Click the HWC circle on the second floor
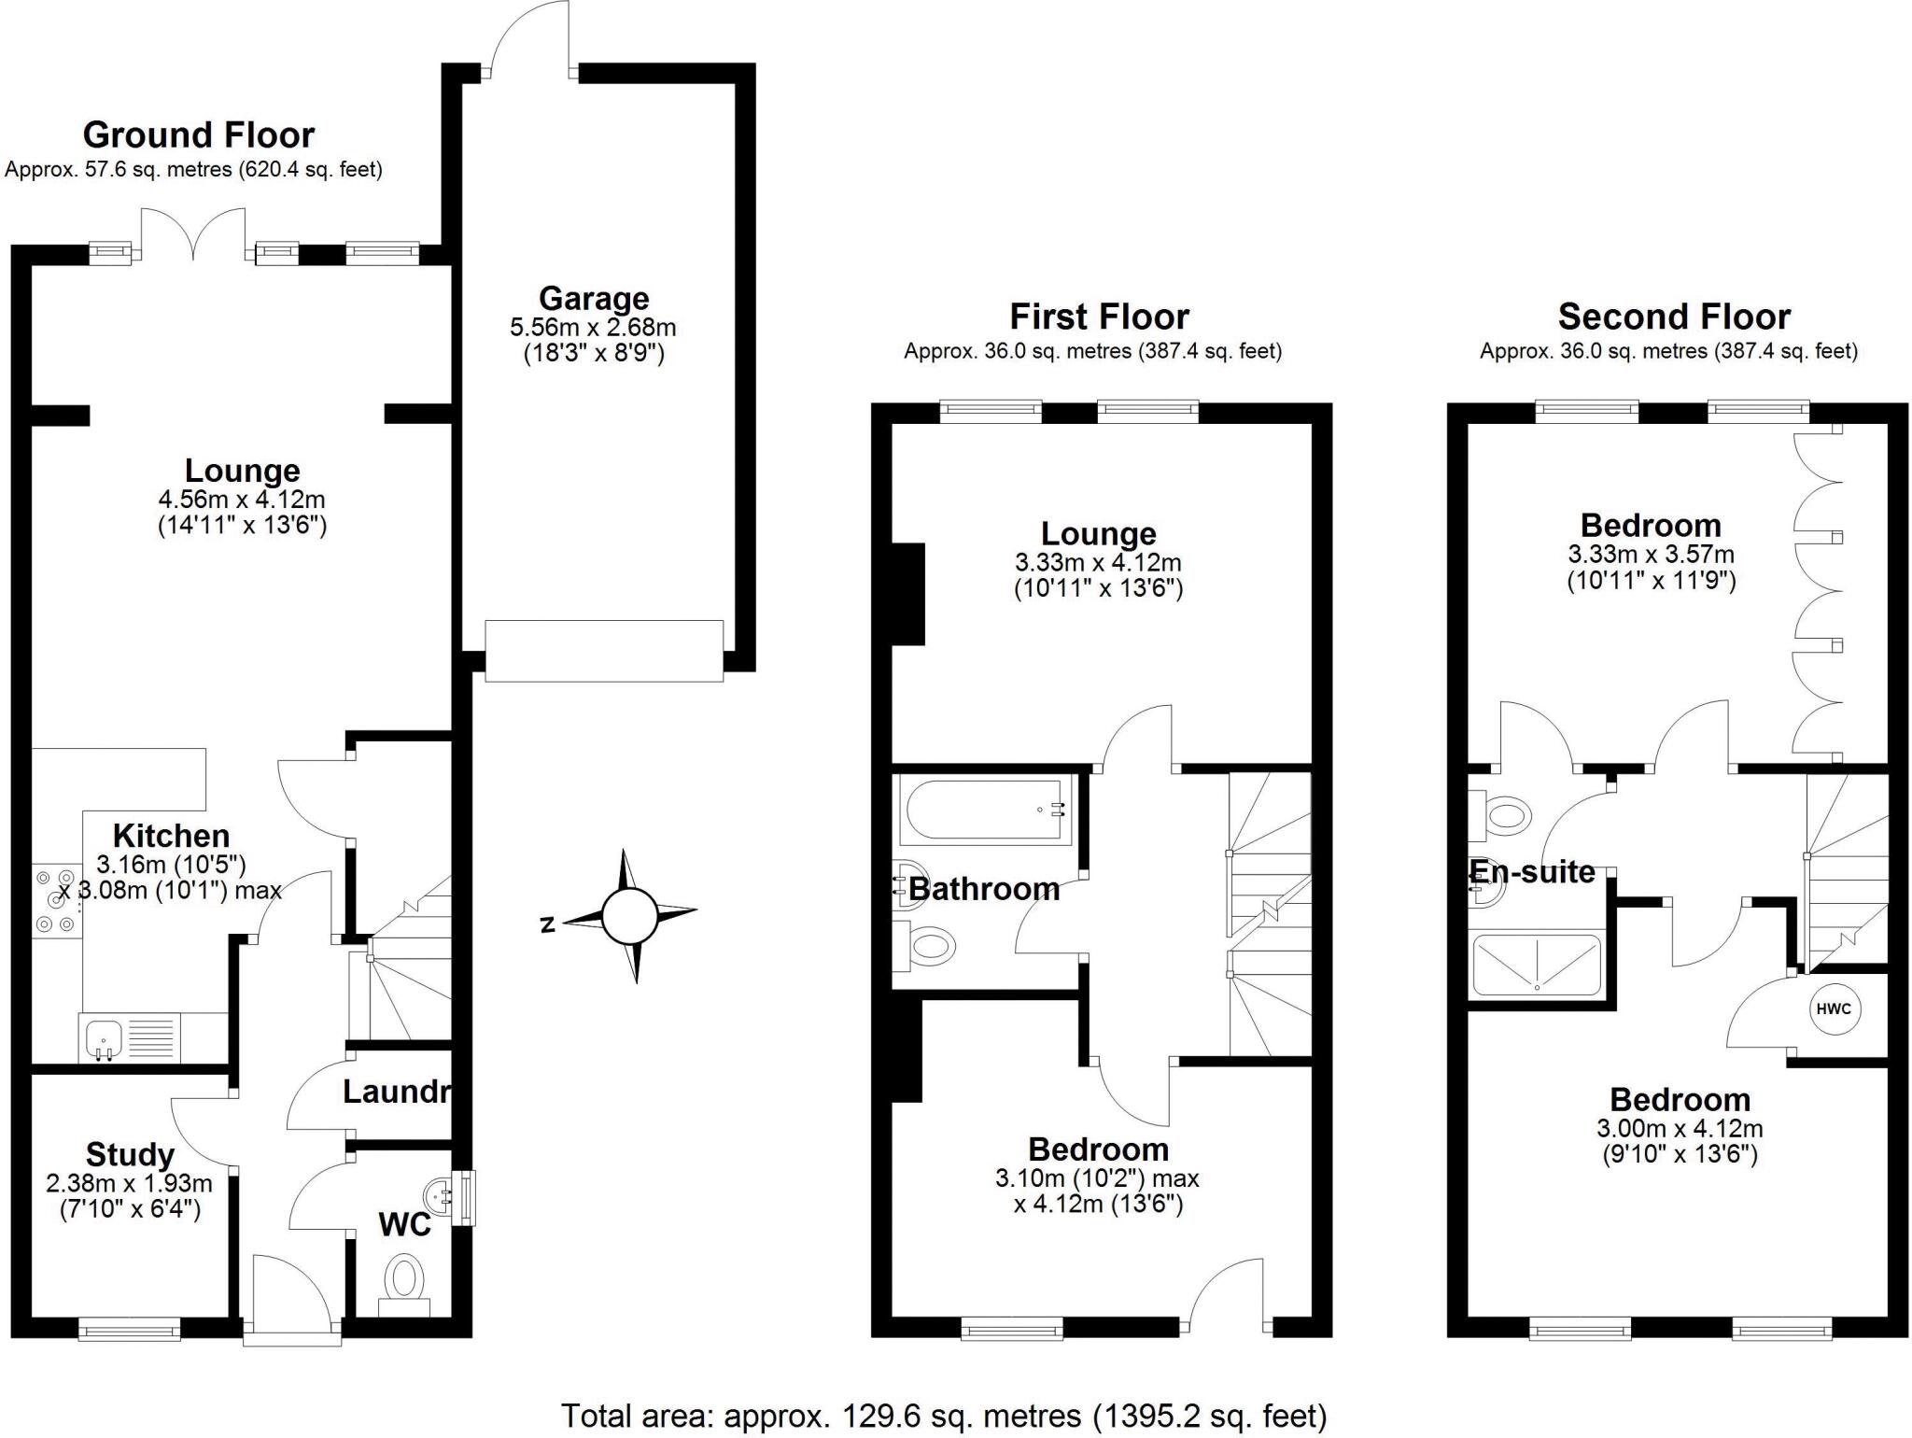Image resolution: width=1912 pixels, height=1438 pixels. pos(1835,1009)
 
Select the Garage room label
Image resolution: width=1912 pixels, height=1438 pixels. pos(594,299)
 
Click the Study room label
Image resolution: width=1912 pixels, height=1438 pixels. pos(130,1155)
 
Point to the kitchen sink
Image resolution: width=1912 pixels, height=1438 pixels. pos(102,1036)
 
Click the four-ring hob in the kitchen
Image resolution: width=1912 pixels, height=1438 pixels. pos(54,901)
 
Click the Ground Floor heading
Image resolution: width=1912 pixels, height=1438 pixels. pos(199,135)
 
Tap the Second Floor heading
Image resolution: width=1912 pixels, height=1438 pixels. pos(1674,317)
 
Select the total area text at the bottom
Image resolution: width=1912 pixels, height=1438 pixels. pos(943,1416)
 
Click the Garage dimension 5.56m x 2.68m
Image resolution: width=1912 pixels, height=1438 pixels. pos(593,328)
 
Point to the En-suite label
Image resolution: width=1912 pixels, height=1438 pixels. pos(1532,872)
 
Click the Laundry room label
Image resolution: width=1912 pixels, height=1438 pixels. pos(397,1092)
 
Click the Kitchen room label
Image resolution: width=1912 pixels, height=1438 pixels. pos(171,836)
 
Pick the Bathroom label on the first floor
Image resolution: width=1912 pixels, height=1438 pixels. pos(984,889)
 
